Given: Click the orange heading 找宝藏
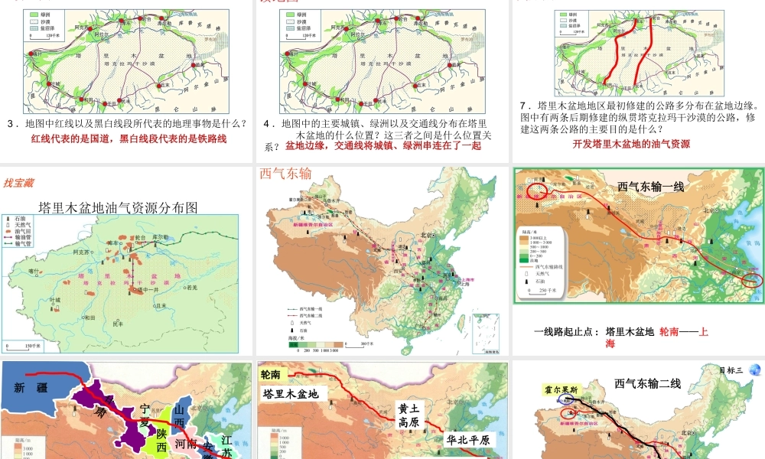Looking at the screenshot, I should (19, 182).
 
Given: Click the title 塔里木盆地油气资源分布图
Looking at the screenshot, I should (118, 207).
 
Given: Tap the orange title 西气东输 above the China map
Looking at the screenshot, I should (285, 174).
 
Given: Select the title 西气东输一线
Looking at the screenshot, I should (650, 186).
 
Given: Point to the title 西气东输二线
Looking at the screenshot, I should (647, 383).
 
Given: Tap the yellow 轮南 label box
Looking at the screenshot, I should (275, 375).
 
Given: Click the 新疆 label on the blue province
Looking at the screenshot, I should (31, 388).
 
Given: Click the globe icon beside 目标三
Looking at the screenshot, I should (755, 370).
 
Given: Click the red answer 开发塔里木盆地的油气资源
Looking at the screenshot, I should (631, 143).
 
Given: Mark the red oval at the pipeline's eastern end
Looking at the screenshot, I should (751, 279).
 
